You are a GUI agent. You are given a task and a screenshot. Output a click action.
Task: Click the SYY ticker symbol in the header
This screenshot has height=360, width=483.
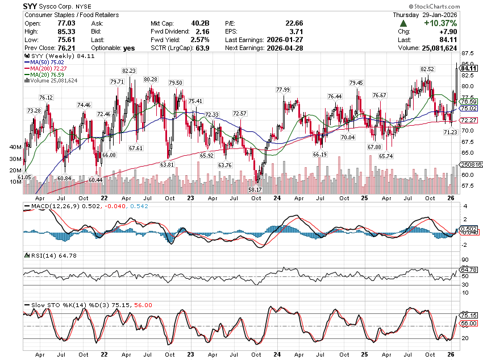point(31,5)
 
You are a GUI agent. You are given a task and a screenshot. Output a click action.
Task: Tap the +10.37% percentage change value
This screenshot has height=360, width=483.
point(438,23)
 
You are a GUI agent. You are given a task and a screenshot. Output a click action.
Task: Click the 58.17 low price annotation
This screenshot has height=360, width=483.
point(255,189)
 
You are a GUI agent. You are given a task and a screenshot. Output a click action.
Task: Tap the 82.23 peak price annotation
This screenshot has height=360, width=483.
point(128,71)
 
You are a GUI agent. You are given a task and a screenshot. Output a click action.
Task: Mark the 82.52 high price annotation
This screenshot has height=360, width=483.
point(427,69)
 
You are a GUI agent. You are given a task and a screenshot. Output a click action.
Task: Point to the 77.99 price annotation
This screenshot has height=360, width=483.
point(282,89)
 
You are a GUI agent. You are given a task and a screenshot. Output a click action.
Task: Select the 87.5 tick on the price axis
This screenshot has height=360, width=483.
point(468,53)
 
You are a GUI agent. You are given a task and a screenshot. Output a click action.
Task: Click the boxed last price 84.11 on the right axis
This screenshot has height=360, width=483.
point(469,68)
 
